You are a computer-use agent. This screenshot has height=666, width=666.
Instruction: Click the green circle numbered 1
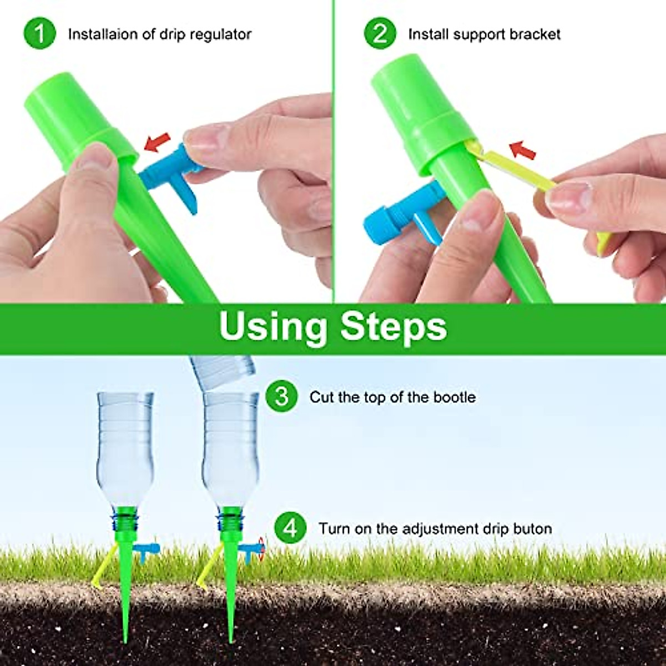tap(39, 34)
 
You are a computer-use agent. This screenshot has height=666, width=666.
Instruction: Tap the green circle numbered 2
tap(380, 34)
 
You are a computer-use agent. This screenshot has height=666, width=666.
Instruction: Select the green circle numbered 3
tap(282, 397)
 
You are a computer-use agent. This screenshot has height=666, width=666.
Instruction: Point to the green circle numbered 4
tap(290, 528)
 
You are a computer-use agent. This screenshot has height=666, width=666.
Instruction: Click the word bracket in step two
tap(535, 34)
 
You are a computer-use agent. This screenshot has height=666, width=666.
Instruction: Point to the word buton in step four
tap(533, 528)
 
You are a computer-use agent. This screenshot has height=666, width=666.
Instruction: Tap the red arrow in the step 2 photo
tap(522, 150)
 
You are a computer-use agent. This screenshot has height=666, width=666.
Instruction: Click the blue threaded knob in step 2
tap(380, 225)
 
